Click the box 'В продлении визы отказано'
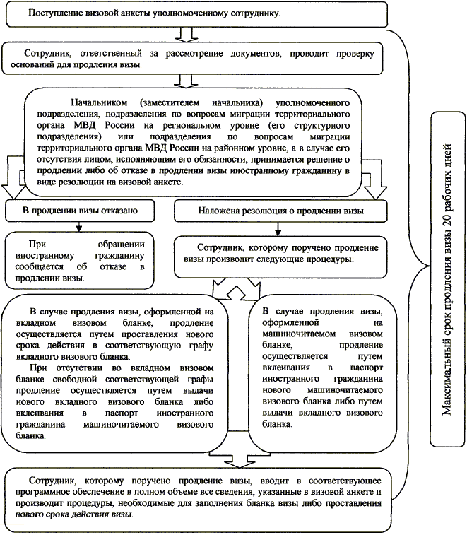coord(78,211)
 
